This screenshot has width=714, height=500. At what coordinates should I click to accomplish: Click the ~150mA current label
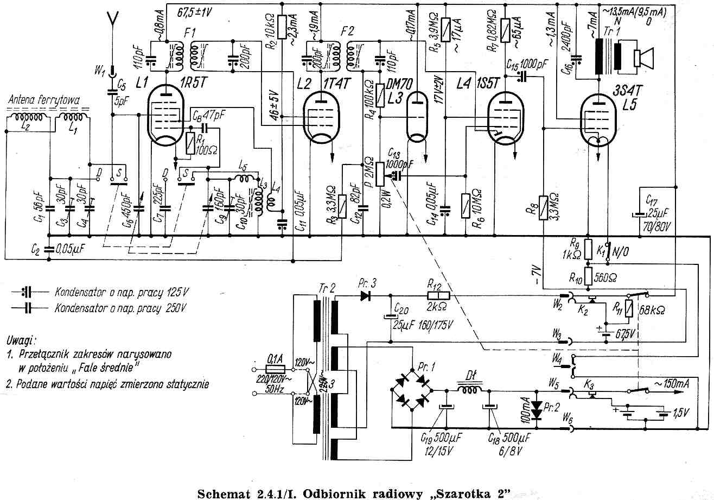coord(672,383)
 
